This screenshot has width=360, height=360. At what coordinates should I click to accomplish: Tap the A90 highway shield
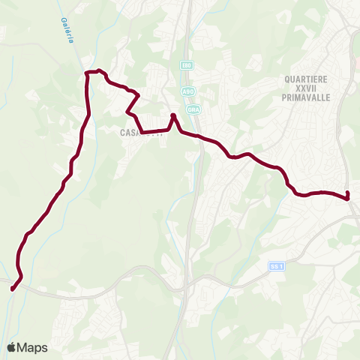coord(187,91)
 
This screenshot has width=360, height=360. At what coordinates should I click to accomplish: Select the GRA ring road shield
coord(193,109)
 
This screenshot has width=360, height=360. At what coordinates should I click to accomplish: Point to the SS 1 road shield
coord(277,266)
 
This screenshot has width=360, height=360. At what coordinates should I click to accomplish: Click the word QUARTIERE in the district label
coord(307,78)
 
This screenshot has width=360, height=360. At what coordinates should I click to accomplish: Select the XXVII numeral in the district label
coord(307,91)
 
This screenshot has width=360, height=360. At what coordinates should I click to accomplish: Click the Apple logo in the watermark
coord(12,347)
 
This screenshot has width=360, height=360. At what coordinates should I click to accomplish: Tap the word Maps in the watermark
coord(33,347)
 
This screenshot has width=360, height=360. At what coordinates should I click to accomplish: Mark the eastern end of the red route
coord(348,198)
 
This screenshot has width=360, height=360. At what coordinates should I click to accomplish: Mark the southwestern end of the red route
coord(12,288)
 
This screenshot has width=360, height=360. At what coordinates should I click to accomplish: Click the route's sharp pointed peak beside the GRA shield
coord(172,115)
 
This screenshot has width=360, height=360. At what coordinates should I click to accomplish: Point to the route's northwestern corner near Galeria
coord(86,73)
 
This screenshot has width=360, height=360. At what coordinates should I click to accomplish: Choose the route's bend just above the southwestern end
coord(21,277)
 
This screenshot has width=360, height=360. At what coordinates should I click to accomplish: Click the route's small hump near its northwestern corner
coord(99,72)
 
